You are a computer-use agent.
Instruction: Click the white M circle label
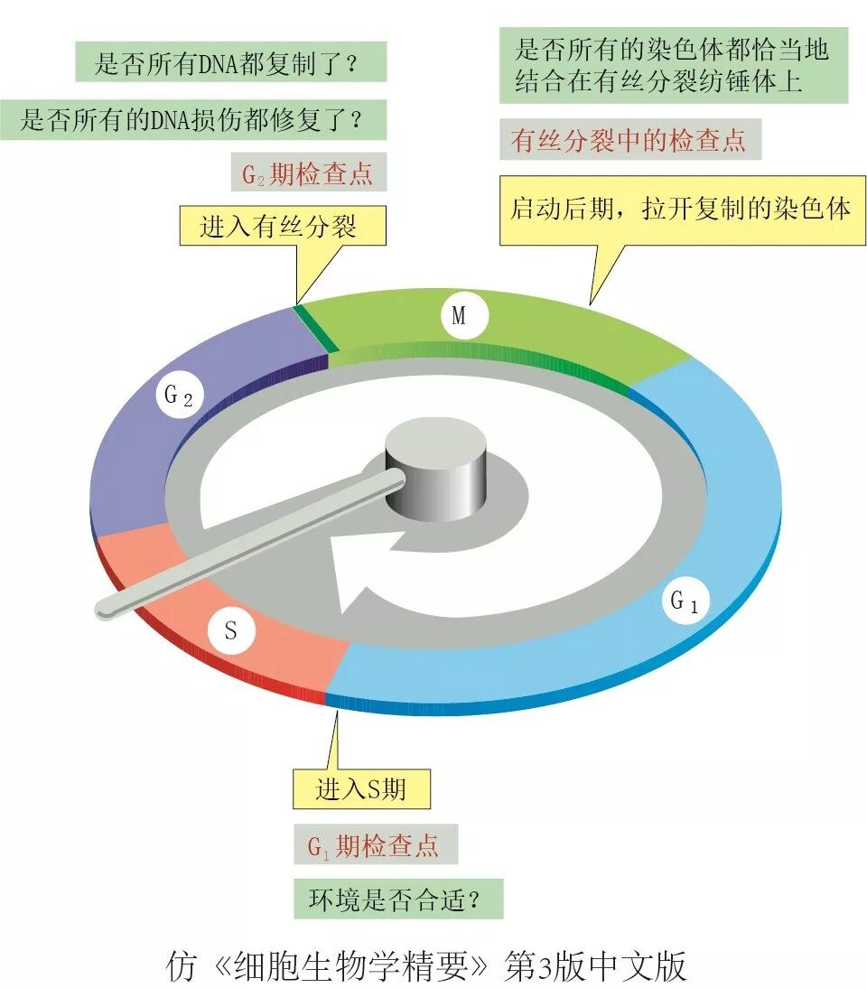459,316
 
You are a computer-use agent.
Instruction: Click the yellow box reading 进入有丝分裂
282,226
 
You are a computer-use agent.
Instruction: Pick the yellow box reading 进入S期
361,789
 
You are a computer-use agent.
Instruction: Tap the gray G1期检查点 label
374,845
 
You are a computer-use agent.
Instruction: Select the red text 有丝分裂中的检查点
629,141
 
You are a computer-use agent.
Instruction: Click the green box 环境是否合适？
396,899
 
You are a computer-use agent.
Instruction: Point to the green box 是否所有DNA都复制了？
230,63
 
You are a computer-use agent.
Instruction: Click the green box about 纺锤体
672,65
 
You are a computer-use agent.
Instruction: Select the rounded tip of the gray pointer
107,611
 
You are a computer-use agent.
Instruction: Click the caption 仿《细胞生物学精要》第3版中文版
427,965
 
